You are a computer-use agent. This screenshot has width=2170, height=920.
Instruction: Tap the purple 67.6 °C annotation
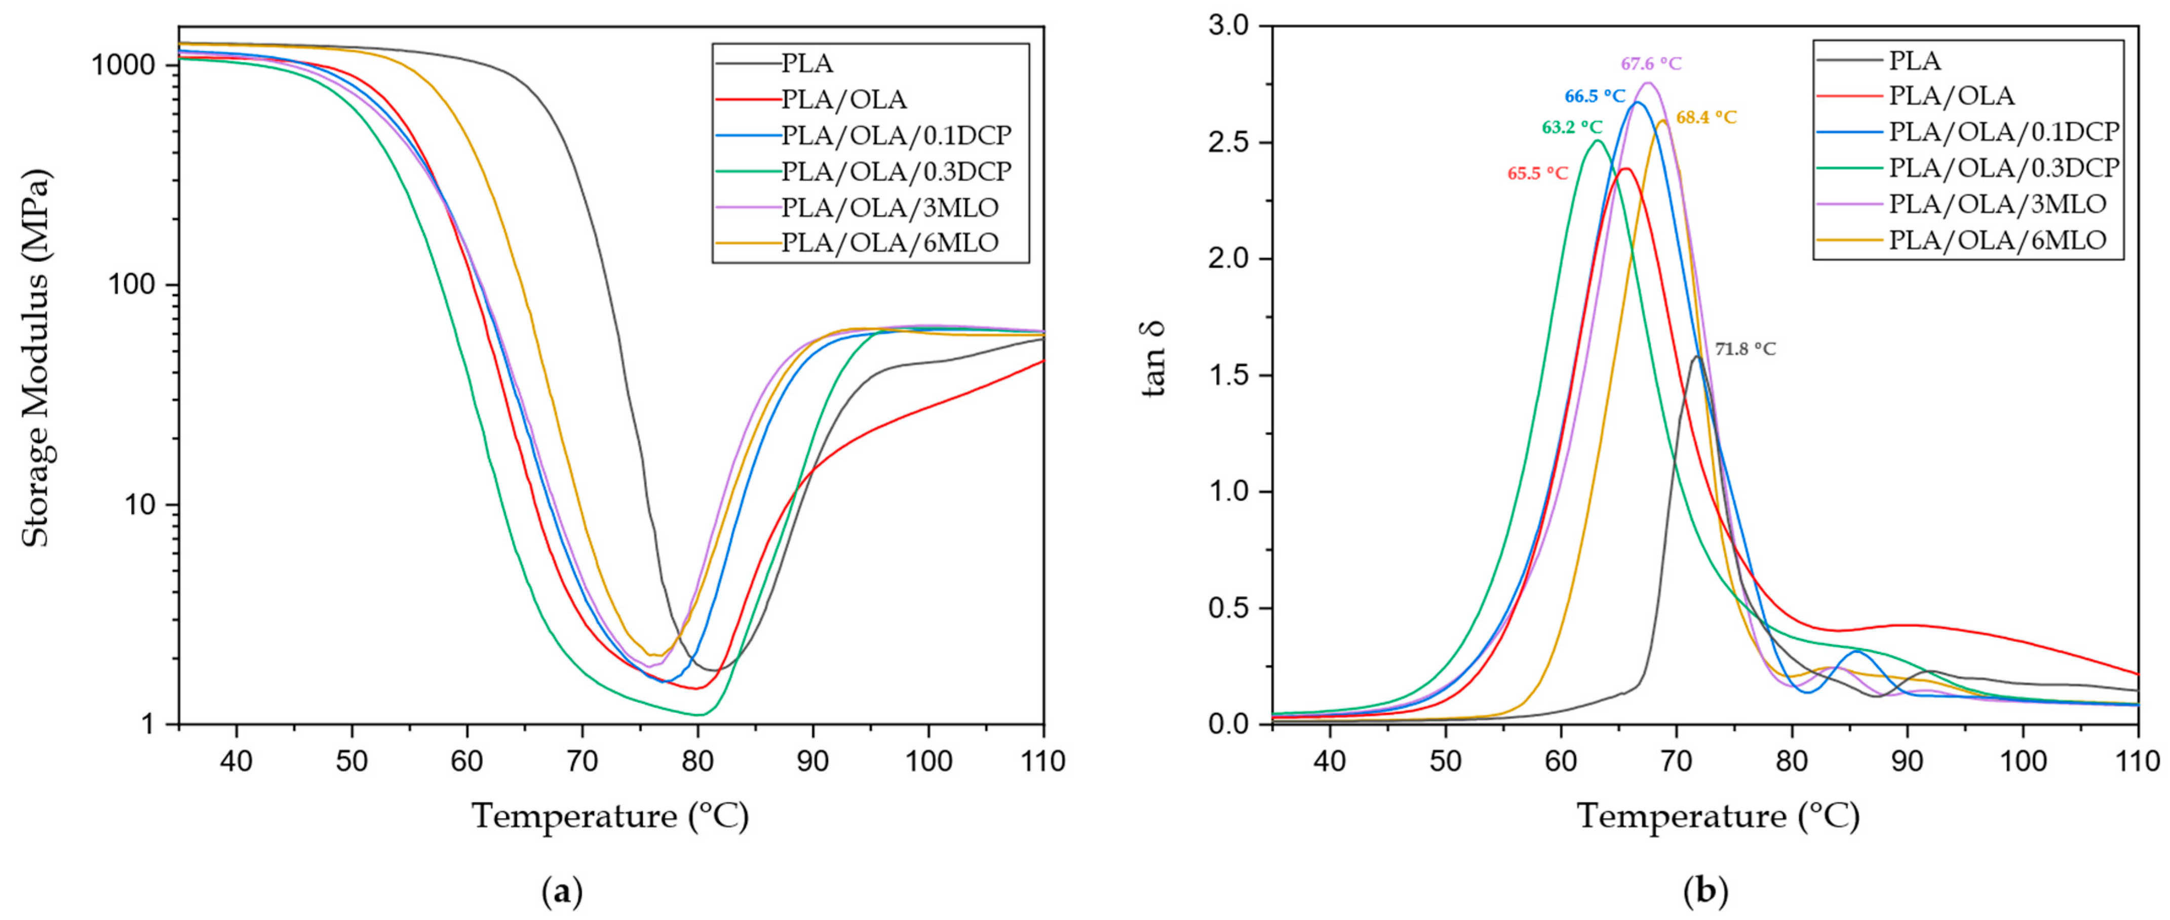[1651, 64]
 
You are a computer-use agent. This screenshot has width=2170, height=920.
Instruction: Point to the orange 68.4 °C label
[1706, 118]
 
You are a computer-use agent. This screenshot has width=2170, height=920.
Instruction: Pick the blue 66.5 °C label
[1595, 96]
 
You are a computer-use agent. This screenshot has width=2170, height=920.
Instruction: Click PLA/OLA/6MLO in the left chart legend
[889, 243]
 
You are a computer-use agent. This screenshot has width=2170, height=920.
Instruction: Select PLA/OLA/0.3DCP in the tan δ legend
[2003, 168]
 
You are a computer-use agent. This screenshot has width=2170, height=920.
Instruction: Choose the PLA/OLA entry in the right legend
[1951, 96]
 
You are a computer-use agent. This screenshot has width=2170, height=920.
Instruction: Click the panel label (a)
[562, 891]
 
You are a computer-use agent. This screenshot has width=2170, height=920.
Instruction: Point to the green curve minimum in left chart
[699, 714]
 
